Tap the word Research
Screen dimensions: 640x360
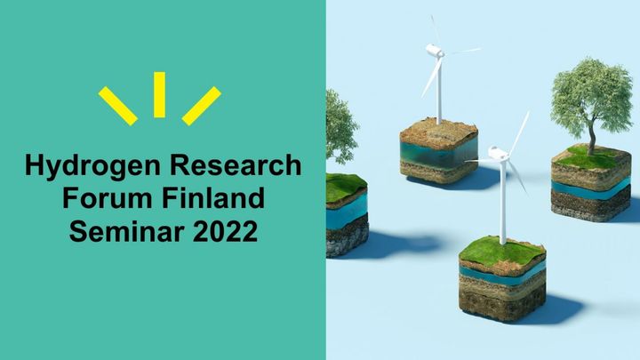(236, 165)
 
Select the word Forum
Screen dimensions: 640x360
(108, 197)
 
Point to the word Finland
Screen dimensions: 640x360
(213, 197)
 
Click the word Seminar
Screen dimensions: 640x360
(126, 231)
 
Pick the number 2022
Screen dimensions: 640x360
(225, 231)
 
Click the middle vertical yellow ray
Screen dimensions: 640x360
(160, 95)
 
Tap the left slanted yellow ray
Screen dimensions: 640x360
(118, 106)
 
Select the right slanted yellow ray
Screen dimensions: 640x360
(201, 106)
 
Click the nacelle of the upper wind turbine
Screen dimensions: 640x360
(435, 51)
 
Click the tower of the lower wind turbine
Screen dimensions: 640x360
(503, 202)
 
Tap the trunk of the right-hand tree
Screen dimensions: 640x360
(591, 135)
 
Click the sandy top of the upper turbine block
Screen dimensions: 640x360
(439, 132)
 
